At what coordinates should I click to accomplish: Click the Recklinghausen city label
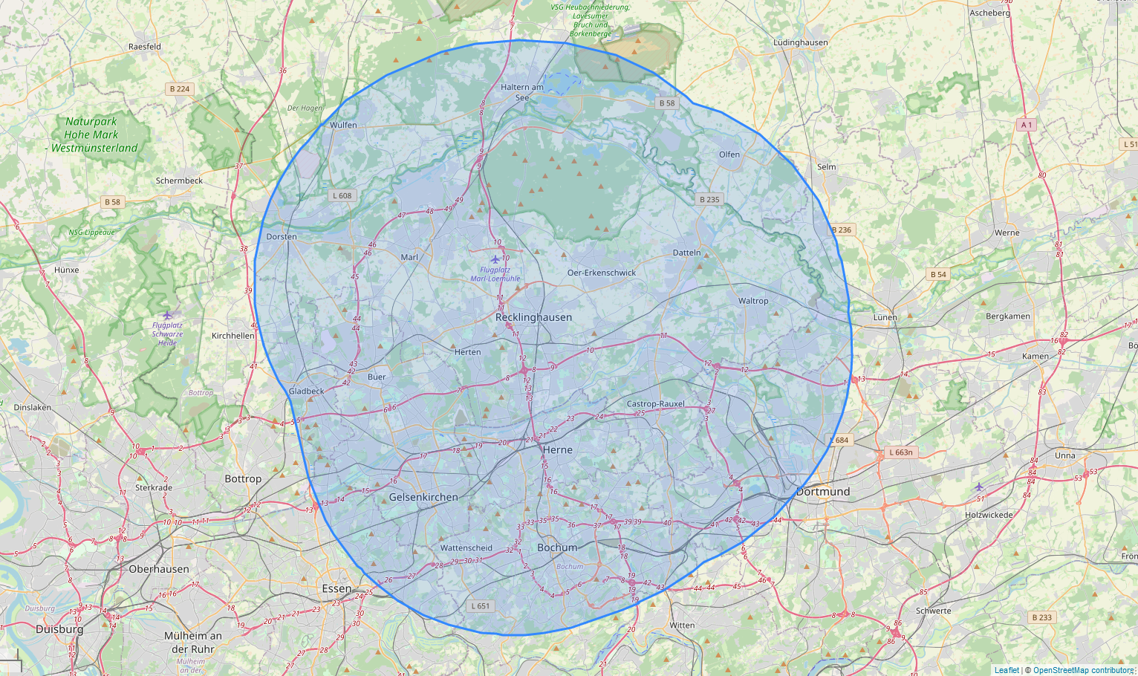pyautogui.click(x=533, y=317)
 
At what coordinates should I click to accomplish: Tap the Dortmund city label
pyautogui.click(x=822, y=492)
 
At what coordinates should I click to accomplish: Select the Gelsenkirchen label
pyautogui.click(x=423, y=497)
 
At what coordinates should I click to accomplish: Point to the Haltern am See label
pyautogui.click(x=522, y=92)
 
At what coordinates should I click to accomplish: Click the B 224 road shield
pyautogui.click(x=179, y=89)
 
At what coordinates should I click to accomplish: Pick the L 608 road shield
pyautogui.click(x=342, y=196)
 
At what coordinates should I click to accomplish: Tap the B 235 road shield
pyautogui.click(x=709, y=199)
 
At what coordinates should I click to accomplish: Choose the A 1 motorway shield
pyautogui.click(x=1027, y=125)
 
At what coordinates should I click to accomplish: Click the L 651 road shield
pyautogui.click(x=481, y=606)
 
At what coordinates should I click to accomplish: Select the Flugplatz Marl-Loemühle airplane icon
pyautogui.click(x=495, y=259)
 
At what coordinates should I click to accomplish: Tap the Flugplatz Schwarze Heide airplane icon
pyautogui.click(x=167, y=315)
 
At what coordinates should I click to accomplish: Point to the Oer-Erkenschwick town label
pyautogui.click(x=602, y=273)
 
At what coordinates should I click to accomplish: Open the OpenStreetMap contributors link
pyautogui.click(x=1083, y=670)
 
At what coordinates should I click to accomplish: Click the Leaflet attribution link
pyautogui.click(x=1007, y=670)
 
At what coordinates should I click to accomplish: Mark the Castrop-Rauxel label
pyautogui.click(x=655, y=404)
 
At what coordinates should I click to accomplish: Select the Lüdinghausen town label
pyautogui.click(x=800, y=42)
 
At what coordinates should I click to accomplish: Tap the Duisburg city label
pyautogui.click(x=59, y=629)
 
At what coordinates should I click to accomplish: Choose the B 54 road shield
pyautogui.click(x=938, y=274)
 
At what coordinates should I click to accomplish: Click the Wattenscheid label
pyautogui.click(x=466, y=548)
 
